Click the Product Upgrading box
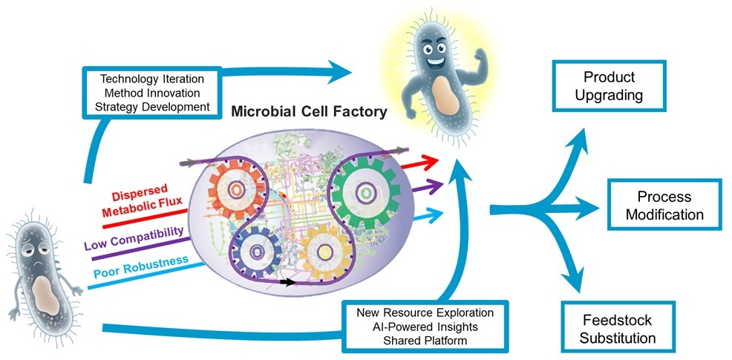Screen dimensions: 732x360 tap(609, 86)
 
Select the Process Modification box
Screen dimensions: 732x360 tap(664, 205)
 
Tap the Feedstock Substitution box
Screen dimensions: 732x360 tap(617, 329)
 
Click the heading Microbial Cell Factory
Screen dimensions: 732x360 tap(309, 112)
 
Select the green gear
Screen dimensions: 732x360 tap(364, 192)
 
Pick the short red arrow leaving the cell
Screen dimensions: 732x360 tap(419, 163)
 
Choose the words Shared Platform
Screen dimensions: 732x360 tap(425, 341)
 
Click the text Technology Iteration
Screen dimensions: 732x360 tap(152, 79)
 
